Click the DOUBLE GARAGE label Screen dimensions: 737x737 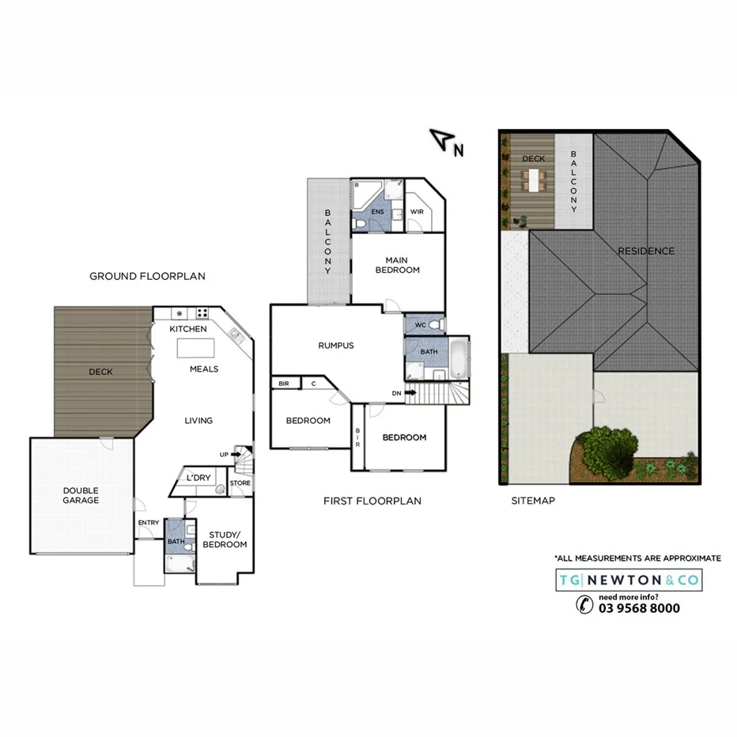(x=81, y=495)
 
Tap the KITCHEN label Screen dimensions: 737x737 (x=188, y=329)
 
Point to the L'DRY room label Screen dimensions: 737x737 (x=198, y=478)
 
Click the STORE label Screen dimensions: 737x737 (x=240, y=483)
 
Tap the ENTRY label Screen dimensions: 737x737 (x=148, y=523)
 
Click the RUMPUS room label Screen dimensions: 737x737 (x=336, y=346)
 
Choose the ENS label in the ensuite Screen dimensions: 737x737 (x=378, y=211)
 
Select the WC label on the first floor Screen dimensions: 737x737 (x=420, y=324)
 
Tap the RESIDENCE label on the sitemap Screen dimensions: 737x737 (x=646, y=251)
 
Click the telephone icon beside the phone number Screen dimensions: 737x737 (x=584, y=606)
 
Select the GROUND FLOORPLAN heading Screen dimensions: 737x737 (x=147, y=276)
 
